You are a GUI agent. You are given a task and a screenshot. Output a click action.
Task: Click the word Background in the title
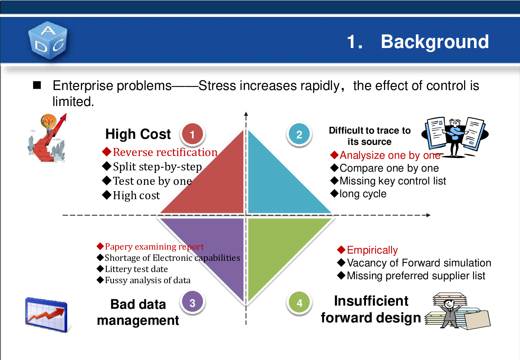435,42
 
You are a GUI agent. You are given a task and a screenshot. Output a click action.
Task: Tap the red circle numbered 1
192,134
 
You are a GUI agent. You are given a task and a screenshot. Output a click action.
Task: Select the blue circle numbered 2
299,134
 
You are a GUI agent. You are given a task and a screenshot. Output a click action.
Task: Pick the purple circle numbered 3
192,302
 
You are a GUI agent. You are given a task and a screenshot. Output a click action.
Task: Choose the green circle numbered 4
299,302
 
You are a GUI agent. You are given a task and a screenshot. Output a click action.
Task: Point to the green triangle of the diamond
276,246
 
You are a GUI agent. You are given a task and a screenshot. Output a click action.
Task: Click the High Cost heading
138,134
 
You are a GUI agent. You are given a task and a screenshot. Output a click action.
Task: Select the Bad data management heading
138,312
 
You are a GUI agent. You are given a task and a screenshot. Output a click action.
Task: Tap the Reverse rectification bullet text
165,152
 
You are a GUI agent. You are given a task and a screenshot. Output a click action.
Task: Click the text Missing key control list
393,181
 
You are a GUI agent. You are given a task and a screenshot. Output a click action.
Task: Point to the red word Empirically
372,250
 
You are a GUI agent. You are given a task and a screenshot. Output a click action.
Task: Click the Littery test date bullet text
136,269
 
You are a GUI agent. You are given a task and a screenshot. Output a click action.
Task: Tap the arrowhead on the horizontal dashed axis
428,215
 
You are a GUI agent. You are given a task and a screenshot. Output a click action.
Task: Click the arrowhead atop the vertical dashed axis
246,114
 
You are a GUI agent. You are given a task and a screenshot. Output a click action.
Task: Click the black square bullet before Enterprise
37,85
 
